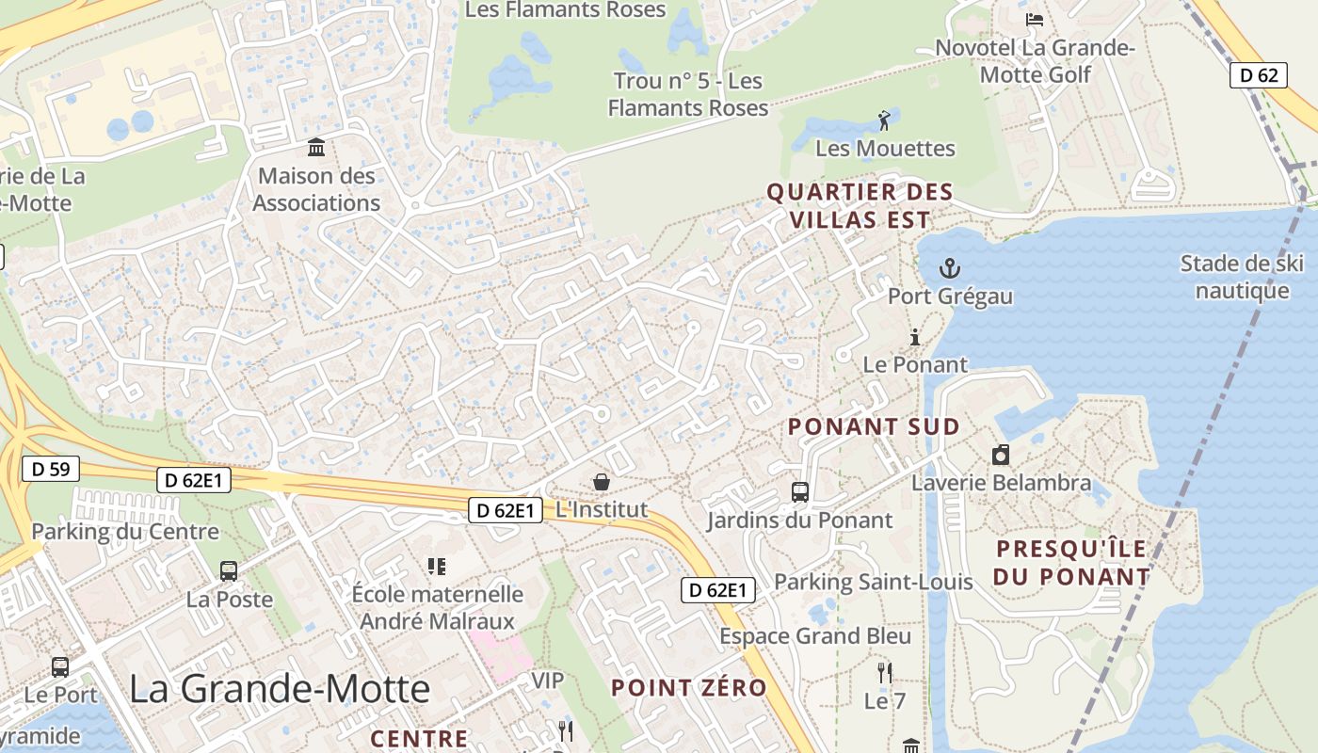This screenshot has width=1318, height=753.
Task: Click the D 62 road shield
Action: [1259, 75]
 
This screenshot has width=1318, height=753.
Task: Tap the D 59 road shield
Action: [50, 469]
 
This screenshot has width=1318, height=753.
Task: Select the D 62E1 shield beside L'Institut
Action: [506, 510]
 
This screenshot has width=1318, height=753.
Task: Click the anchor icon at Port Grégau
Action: [950, 269]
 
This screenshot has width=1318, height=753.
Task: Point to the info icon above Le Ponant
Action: [914, 337]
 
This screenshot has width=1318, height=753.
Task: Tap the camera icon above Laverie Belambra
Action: [1001, 456]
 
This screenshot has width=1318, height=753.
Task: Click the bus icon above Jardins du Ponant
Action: [800, 491]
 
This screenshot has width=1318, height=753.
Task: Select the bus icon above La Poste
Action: [229, 570]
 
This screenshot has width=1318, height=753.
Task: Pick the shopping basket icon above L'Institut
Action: [602, 482]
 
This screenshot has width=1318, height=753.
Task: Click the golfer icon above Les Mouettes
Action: [884, 120]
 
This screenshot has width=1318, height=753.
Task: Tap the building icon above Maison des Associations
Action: [316, 148]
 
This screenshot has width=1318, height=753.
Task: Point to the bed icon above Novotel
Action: [1035, 19]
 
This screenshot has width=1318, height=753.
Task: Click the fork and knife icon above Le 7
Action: [884, 672]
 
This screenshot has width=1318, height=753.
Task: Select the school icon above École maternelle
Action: [436, 566]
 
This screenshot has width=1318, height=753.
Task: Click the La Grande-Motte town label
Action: [280, 689]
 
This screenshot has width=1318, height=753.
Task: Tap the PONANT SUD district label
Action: [874, 426]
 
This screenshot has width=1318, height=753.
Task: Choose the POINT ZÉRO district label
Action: [689, 687]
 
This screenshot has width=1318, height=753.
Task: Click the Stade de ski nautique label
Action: [1241, 277]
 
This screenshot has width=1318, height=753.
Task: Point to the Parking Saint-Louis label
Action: [873, 582]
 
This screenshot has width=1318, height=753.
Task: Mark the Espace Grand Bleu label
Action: [815, 636]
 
